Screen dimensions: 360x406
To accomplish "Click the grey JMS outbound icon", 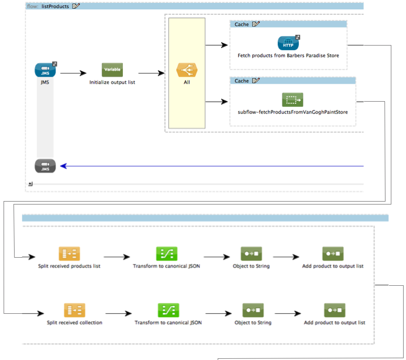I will tap(45, 166).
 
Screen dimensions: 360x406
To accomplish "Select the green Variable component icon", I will tap(112, 70).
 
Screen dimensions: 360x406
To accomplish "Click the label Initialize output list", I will tap(112, 82).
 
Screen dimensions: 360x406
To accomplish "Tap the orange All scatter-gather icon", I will tap(186, 71).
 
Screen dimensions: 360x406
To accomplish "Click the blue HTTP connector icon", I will tap(288, 43).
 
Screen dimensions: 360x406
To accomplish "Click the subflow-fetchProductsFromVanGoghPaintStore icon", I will tap(293, 99).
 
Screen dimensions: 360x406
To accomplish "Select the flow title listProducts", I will tap(56, 6).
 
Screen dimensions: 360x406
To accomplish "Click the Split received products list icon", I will tap(69, 254).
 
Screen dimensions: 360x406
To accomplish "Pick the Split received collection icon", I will tap(74, 310).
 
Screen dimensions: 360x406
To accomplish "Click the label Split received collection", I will tap(74, 323).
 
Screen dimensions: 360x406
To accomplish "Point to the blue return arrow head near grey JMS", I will tap(63, 166).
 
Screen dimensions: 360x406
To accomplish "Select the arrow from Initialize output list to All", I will tap(151, 74).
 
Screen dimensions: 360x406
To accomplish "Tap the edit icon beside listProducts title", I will tap(76, 6).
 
